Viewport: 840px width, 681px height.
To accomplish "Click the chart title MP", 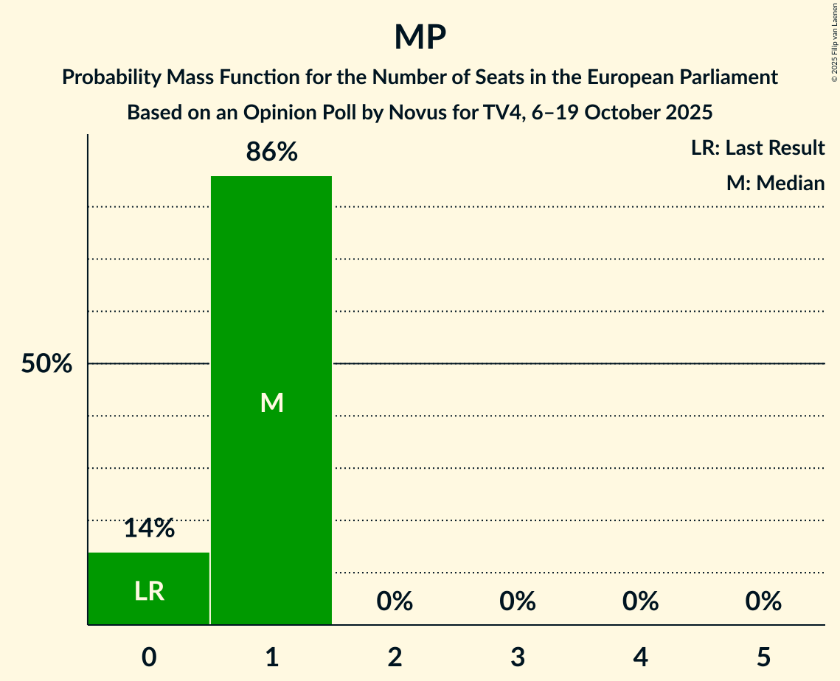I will pyautogui.click(x=420, y=37).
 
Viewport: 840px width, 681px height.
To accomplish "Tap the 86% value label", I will pyautogui.click(x=271, y=152).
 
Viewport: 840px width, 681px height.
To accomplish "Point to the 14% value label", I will pyautogui.click(x=149, y=528).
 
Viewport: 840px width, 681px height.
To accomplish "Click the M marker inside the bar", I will pyautogui.click(x=271, y=402).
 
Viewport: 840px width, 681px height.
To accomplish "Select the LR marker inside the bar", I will pyautogui.click(x=149, y=590).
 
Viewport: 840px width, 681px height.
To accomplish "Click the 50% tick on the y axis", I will pyautogui.click(x=46, y=364).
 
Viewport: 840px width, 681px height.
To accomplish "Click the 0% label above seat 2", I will pyautogui.click(x=395, y=601).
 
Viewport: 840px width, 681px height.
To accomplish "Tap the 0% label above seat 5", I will pyautogui.click(x=763, y=601).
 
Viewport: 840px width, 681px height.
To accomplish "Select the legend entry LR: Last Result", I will pyautogui.click(x=757, y=148).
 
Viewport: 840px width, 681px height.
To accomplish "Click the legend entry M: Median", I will pyautogui.click(x=775, y=183).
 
